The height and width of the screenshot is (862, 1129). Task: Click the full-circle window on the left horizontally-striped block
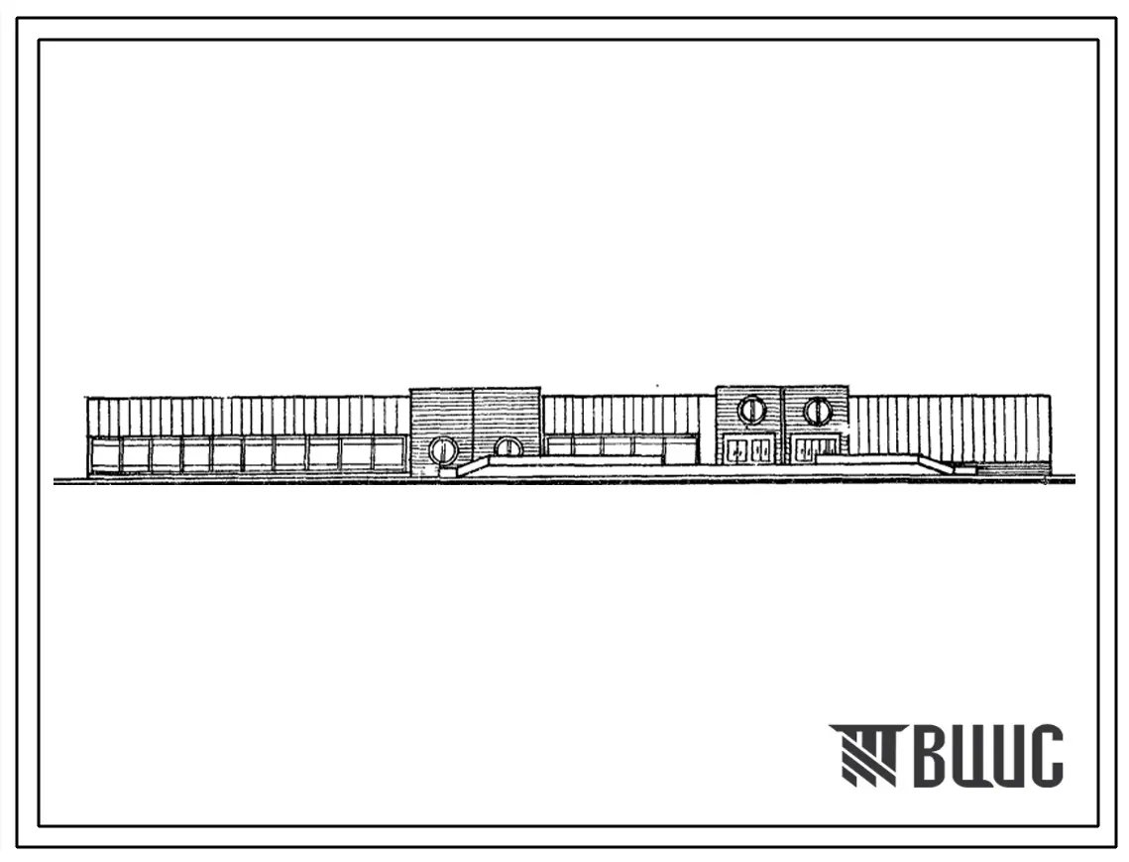pyautogui.click(x=442, y=449)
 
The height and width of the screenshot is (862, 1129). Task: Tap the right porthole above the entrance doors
pyautogui.click(x=817, y=410)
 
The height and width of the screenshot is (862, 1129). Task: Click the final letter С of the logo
pyautogui.click(x=1044, y=755)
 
